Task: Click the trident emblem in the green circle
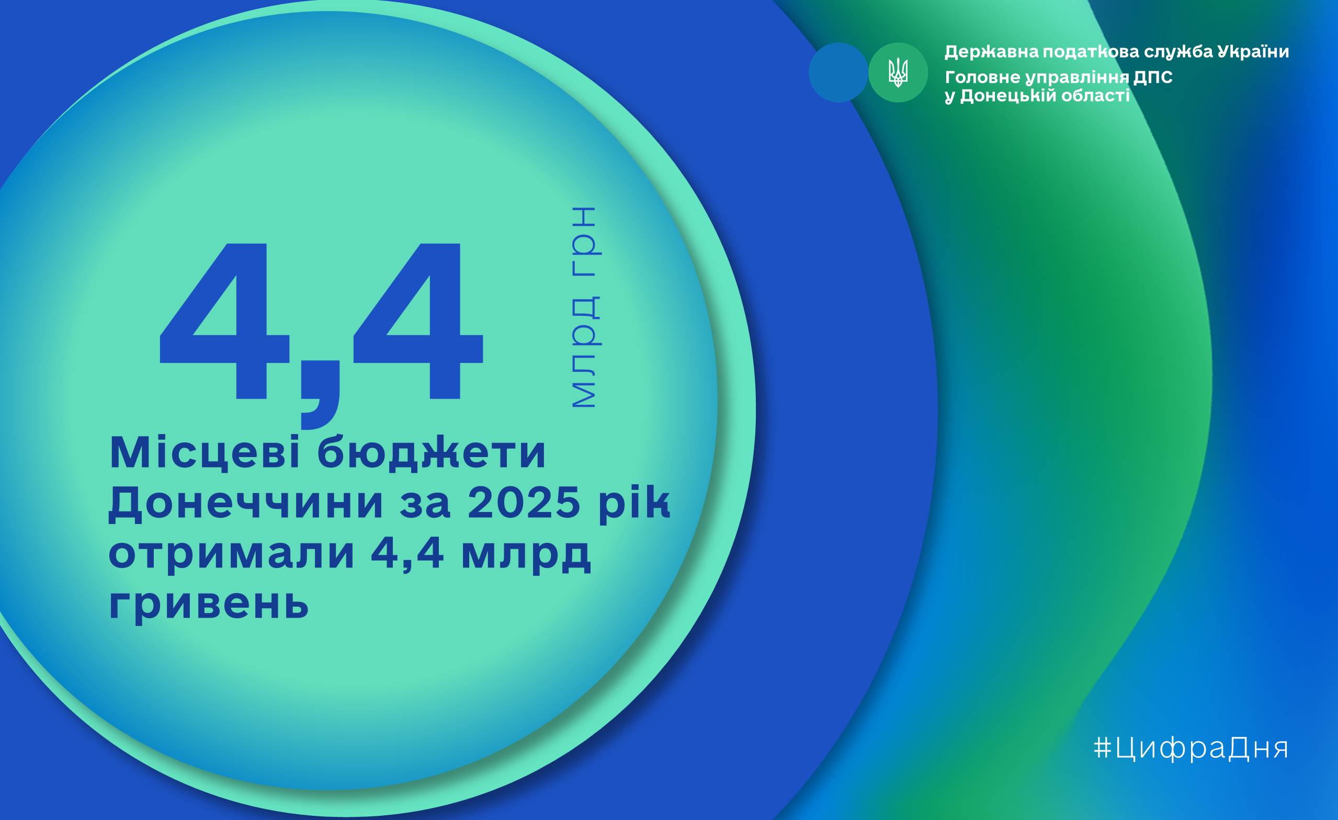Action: pyautogui.click(x=898, y=73)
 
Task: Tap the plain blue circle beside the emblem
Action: pyautogui.click(x=838, y=73)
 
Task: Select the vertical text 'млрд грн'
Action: pyautogui.click(x=585, y=307)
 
